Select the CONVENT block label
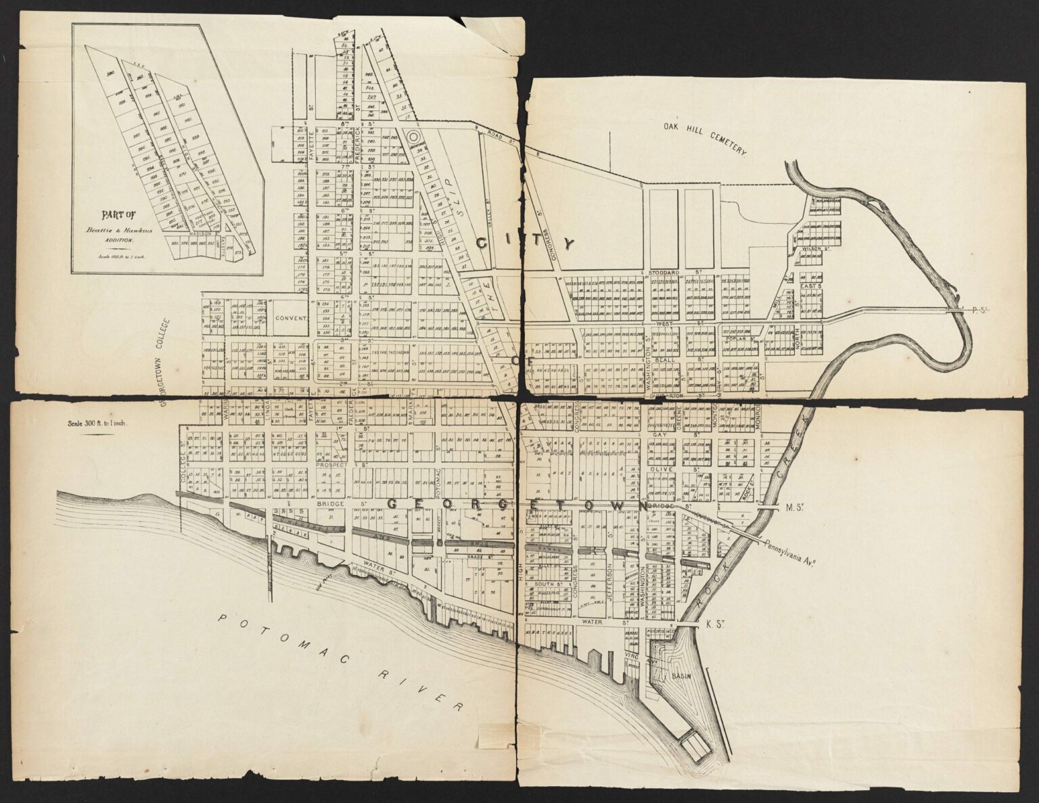click(x=291, y=317)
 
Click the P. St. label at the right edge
click(x=980, y=310)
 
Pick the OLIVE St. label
click(x=668, y=468)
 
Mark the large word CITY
click(x=526, y=243)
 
